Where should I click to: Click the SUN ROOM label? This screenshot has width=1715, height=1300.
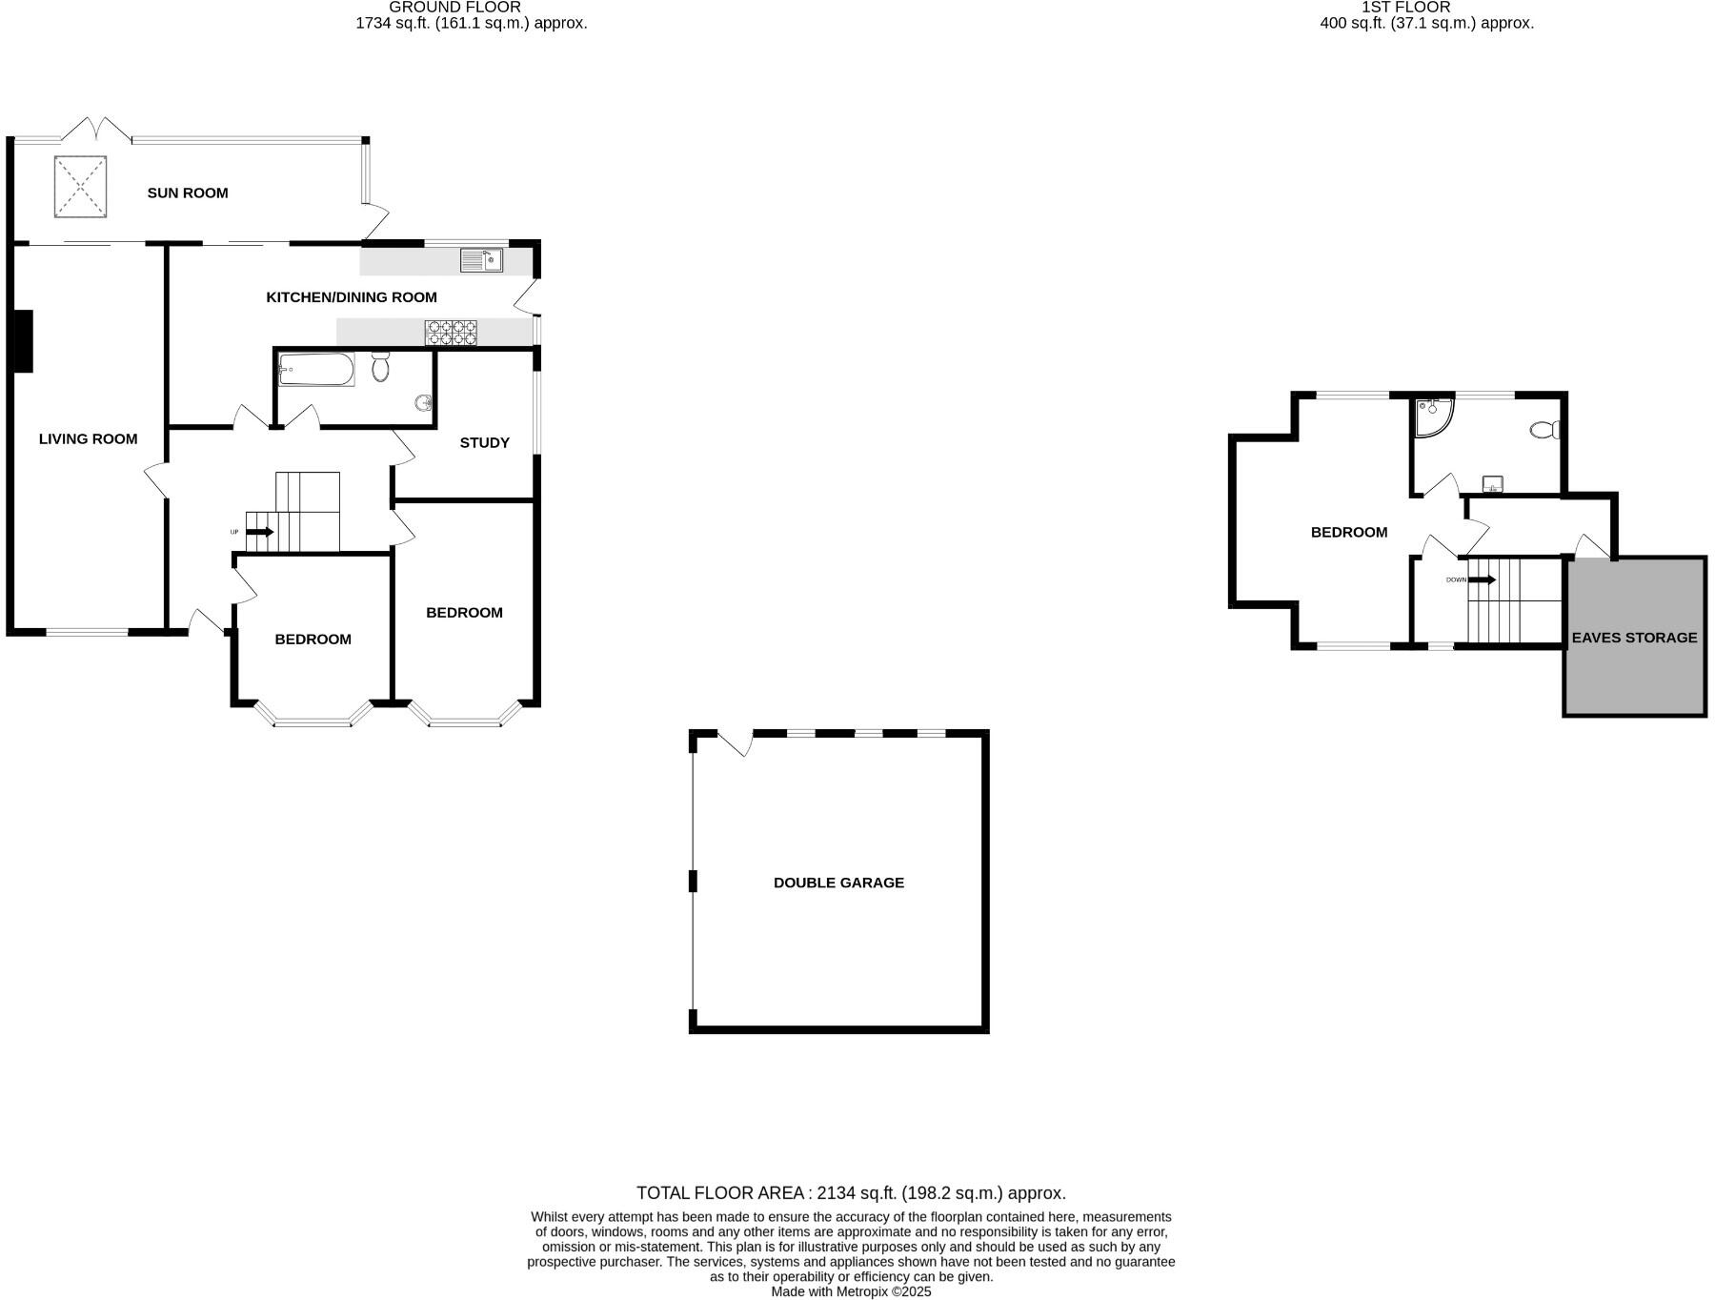tap(188, 193)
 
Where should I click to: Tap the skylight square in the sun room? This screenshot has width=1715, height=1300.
tap(80, 187)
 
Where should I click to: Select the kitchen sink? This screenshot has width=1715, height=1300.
tap(481, 260)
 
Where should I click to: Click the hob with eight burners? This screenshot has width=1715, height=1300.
tap(451, 332)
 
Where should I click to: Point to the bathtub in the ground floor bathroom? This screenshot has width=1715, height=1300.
tap(316, 369)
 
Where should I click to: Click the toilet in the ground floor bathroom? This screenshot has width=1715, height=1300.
tap(381, 366)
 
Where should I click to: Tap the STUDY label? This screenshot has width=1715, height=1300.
tap(484, 442)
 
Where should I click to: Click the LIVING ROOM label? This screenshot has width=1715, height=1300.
tap(88, 438)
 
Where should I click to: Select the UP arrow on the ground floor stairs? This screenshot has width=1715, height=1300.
tap(259, 532)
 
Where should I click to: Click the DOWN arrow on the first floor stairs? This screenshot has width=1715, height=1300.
tap(1481, 579)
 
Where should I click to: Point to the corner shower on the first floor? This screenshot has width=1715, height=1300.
tap(1432, 416)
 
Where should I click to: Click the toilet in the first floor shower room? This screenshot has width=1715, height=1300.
tap(1544, 430)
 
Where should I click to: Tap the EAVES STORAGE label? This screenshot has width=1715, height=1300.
tap(1634, 638)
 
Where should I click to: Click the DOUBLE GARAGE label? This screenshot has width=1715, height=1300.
tap(838, 883)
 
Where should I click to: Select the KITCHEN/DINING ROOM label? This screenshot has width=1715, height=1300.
tap(351, 297)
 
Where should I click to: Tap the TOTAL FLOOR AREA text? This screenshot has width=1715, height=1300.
tap(851, 1192)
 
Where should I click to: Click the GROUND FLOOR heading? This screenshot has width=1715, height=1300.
tap(454, 8)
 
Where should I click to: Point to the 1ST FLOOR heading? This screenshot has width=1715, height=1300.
tap(1405, 8)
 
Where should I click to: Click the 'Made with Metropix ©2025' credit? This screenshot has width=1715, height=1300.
tap(851, 1291)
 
